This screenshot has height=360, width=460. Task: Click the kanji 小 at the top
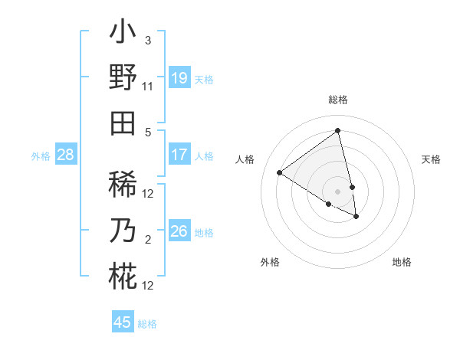(x=123, y=35)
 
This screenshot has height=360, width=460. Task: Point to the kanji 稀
(x=123, y=185)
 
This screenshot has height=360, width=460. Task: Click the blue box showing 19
(x=179, y=78)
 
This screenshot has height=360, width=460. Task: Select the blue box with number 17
(x=179, y=155)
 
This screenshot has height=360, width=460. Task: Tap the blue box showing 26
(x=179, y=231)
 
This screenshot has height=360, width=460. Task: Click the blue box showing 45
(x=123, y=322)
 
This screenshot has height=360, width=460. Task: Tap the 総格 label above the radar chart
(x=338, y=100)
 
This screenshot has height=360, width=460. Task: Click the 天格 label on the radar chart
(x=431, y=159)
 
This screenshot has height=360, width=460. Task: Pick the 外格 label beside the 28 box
(x=41, y=156)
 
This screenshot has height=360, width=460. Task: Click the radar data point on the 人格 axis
(x=279, y=172)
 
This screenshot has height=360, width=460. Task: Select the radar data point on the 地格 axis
(x=356, y=217)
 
